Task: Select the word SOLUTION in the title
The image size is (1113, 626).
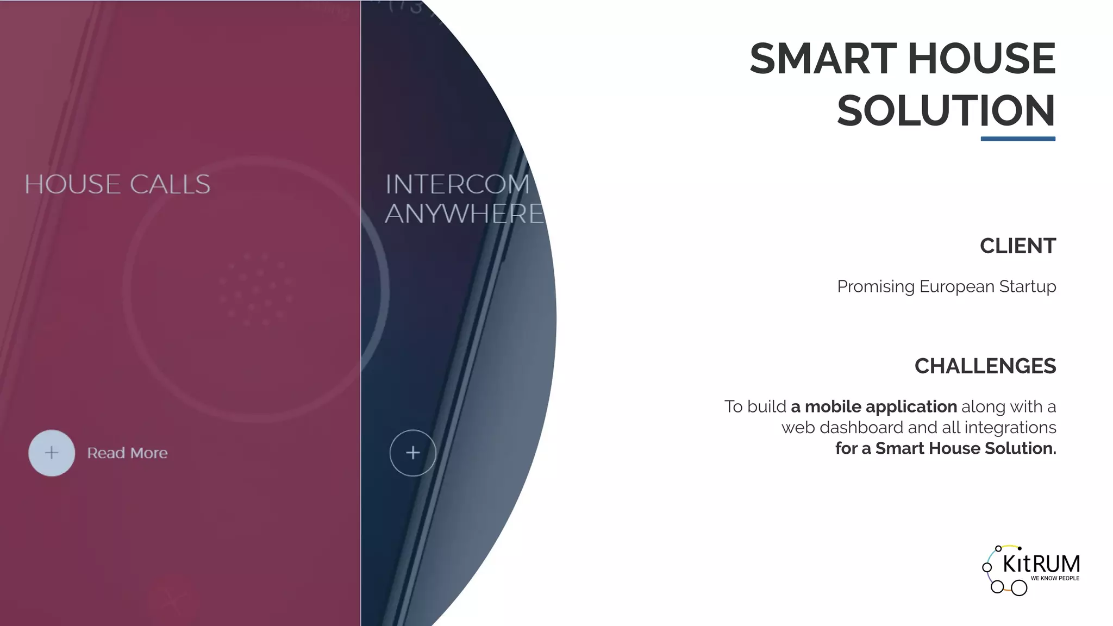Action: [946, 111]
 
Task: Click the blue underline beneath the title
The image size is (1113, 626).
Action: [1018, 139]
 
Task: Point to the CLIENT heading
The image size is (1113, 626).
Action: [1017, 246]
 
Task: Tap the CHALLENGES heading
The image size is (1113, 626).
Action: [985, 366]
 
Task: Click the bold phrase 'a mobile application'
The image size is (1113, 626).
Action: [873, 406]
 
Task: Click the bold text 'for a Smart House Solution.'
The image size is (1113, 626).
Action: [946, 448]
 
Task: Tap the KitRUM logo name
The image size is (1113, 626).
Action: [1041, 564]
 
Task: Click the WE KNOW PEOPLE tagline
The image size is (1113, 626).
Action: [1055, 578]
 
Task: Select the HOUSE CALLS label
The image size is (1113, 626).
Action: [117, 185]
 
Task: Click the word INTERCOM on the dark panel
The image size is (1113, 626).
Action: [457, 185]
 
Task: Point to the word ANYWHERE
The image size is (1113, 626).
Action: [464, 214]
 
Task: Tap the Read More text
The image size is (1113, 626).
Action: [127, 453]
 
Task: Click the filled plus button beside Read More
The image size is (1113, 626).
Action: [52, 453]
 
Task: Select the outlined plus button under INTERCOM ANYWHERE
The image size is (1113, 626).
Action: [413, 453]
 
